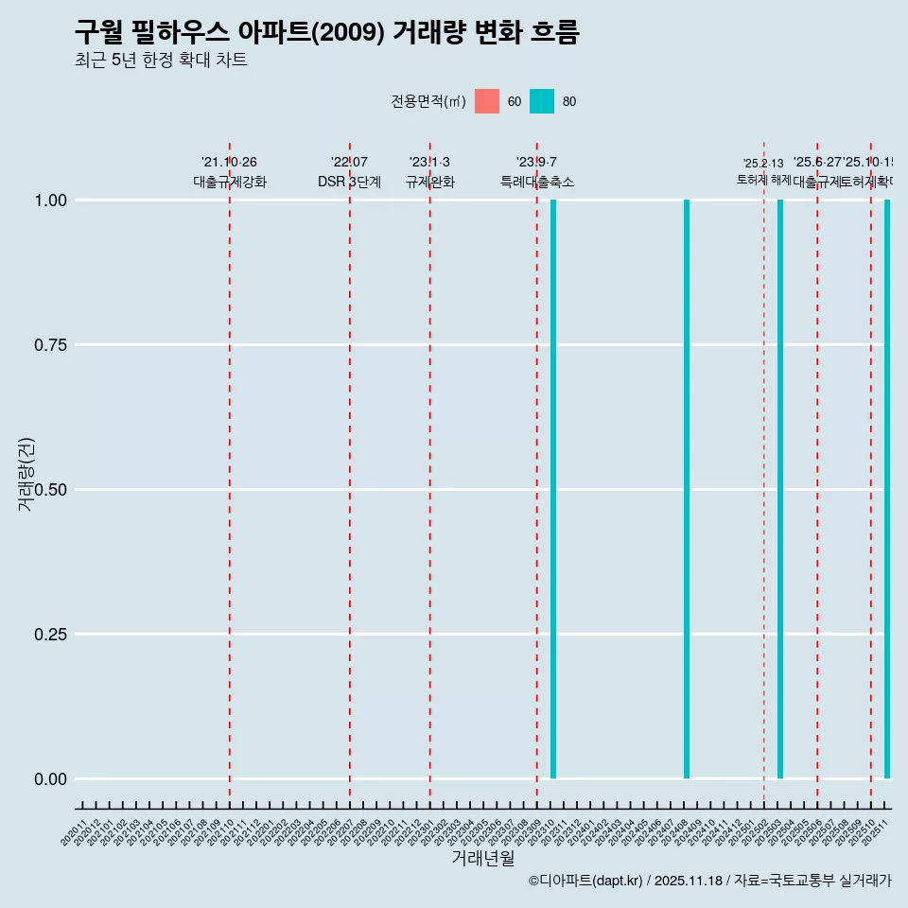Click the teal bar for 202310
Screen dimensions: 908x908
click(x=553, y=489)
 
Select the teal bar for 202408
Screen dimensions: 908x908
click(x=687, y=489)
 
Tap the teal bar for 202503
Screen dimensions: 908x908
click(x=780, y=489)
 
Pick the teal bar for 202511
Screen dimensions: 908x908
click(x=887, y=489)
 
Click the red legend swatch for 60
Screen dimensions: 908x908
click(x=487, y=101)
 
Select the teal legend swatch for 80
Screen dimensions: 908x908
click(x=542, y=101)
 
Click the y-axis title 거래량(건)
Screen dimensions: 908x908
click(x=26, y=475)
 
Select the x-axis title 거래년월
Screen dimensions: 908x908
click(x=483, y=858)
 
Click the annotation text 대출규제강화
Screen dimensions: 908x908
click(x=230, y=182)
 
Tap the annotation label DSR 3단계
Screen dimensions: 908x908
click(x=349, y=182)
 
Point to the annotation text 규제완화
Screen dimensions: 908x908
click(x=430, y=182)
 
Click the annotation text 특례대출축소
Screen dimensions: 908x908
click(x=537, y=182)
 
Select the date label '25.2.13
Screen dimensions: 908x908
click(x=763, y=164)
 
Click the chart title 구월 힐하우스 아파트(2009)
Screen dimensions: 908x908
click(x=326, y=33)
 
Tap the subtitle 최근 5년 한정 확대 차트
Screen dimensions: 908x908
click(x=161, y=61)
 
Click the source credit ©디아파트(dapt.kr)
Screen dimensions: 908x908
click(x=585, y=881)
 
